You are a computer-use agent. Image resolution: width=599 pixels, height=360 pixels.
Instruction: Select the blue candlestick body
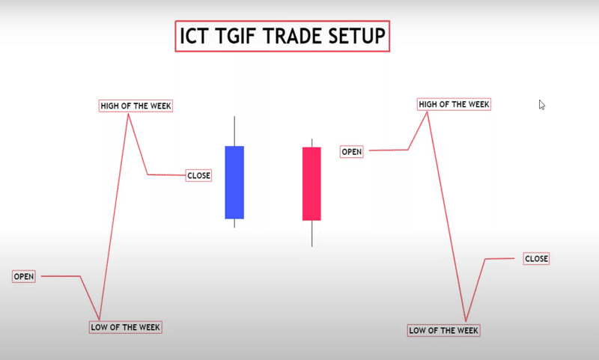[234, 182]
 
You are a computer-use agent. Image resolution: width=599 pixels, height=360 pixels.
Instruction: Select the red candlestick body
[311, 183]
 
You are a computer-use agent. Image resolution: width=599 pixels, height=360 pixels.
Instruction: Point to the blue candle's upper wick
[234, 131]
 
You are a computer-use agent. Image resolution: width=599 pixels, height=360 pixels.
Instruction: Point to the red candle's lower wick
[311, 233]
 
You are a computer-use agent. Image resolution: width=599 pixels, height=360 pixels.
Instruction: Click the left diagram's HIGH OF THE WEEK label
[136, 106]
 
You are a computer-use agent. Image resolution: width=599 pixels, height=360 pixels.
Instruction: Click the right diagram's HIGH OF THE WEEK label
[454, 104]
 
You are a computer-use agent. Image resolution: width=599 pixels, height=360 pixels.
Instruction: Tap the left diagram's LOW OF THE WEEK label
[125, 327]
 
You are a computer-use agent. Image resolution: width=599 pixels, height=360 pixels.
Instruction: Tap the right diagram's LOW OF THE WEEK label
[443, 330]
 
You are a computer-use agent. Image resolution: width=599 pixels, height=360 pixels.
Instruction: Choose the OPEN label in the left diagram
[24, 277]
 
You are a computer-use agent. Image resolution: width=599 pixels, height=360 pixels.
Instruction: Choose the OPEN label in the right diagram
[352, 152]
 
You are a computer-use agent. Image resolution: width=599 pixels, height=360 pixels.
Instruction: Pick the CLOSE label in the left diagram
[198, 176]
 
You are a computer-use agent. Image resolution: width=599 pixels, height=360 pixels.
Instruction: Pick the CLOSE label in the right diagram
[536, 259]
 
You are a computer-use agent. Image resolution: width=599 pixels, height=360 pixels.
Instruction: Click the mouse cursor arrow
[541, 105]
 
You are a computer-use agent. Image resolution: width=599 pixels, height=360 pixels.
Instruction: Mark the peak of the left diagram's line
[129, 115]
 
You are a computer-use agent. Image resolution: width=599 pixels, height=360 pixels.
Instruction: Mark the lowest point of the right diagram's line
[466, 322]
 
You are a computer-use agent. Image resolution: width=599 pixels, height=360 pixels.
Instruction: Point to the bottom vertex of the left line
[100, 320]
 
